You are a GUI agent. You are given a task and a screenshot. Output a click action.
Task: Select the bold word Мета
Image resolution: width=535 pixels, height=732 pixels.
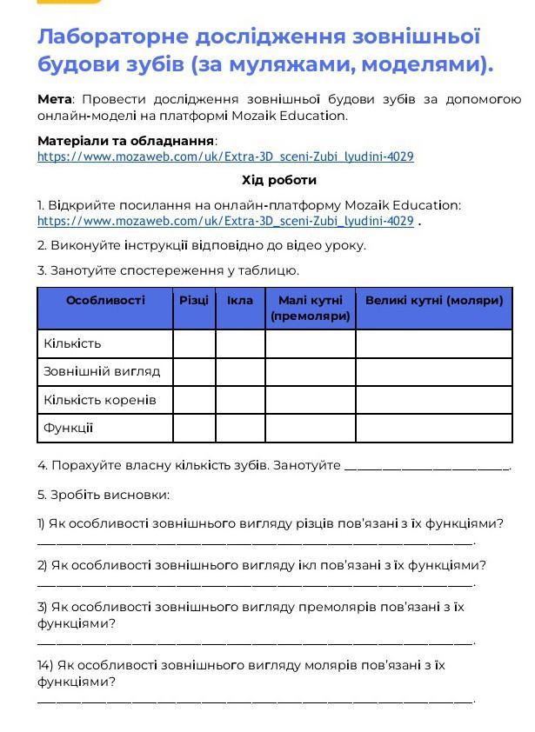click(x=54, y=99)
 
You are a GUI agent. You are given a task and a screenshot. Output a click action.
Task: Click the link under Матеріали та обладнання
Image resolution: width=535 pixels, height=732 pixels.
click(x=225, y=157)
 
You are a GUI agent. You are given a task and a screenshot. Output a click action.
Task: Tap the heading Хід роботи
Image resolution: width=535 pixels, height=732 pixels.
click(x=278, y=180)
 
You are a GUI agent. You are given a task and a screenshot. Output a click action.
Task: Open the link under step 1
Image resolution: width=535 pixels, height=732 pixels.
click(x=225, y=222)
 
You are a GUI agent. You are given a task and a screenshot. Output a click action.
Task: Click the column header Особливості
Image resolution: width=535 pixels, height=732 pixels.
click(x=105, y=301)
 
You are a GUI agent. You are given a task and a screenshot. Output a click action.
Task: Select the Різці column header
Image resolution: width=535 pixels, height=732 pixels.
click(x=194, y=301)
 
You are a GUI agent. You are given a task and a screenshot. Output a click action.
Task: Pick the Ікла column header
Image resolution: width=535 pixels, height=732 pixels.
click(x=240, y=301)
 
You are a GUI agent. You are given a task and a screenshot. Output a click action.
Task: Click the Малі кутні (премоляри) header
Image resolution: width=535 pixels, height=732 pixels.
click(x=311, y=308)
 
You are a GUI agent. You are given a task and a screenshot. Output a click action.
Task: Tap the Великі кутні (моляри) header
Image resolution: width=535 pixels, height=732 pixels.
click(x=434, y=301)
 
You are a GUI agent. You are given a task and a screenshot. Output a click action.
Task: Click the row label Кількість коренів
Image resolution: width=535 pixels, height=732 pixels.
click(x=100, y=400)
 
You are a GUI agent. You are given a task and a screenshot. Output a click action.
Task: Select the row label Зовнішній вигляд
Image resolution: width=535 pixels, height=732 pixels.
click(x=102, y=371)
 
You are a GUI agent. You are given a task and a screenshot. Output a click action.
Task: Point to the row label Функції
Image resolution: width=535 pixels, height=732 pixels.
click(x=69, y=428)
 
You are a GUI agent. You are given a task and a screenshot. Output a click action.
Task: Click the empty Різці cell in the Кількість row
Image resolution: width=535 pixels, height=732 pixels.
click(x=194, y=343)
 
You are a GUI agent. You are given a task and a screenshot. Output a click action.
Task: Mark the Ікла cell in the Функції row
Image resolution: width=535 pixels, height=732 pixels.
click(x=240, y=428)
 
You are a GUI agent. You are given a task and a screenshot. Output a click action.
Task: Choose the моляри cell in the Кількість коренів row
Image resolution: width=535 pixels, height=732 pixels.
click(x=434, y=400)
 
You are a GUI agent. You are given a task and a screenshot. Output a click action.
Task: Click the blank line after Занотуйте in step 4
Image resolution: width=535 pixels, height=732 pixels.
click(x=426, y=467)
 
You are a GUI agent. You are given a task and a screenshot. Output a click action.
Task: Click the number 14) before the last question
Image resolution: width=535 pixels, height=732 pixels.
click(x=45, y=665)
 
